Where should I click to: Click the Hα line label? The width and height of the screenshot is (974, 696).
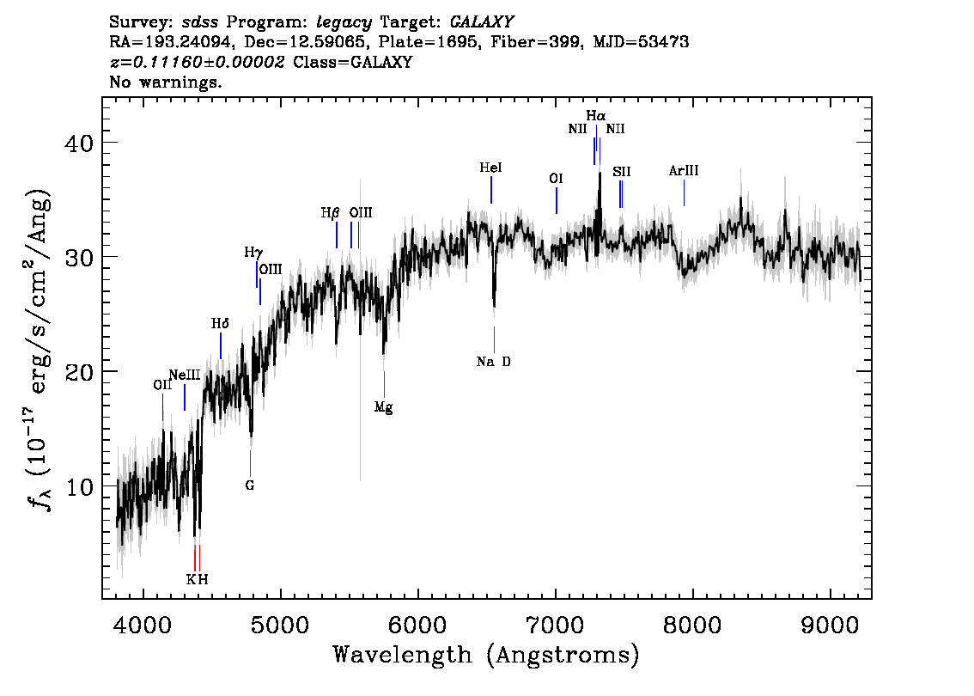pos(596,116)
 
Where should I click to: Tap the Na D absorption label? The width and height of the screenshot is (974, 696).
pos(494,362)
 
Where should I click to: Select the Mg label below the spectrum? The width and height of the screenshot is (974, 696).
pos(383,407)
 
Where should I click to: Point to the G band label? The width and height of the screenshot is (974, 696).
pos(250,485)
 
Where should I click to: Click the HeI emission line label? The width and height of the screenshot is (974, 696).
pos(490,168)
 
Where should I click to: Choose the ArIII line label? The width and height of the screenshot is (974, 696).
pos(684,171)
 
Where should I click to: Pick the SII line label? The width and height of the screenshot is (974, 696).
pos(621,172)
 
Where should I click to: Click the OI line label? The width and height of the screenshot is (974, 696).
pos(556,179)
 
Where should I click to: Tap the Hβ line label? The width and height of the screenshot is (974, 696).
pos(331,213)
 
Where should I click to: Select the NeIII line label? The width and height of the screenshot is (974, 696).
pos(185,375)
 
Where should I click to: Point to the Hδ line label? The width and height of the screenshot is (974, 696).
pos(220,324)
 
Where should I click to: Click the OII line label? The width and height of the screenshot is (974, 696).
pos(162,385)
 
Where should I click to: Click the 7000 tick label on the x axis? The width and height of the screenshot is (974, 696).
pos(556,625)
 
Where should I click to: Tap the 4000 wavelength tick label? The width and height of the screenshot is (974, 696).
pos(143,625)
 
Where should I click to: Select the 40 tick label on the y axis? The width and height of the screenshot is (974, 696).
pos(79,143)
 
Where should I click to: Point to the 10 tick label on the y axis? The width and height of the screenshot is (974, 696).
pos(79,486)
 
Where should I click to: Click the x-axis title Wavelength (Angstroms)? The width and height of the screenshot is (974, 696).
pos(486,655)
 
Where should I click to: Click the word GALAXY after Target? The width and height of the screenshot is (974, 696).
pos(482,22)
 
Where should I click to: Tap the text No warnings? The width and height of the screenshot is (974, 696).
pos(165,82)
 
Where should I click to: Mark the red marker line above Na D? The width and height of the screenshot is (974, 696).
pos(495,340)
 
